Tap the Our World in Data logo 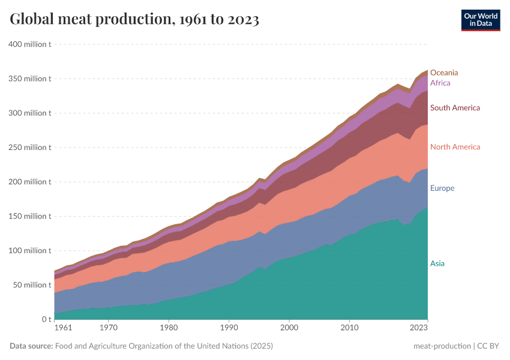[480, 20]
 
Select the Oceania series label [444, 73]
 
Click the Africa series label [440, 83]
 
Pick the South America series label [455, 108]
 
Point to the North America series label [455, 147]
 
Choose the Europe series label [442, 188]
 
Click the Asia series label [437, 263]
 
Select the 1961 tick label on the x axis [63, 328]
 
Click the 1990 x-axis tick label [229, 328]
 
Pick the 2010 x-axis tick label [349, 328]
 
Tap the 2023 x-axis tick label [418, 328]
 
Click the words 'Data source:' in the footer [31, 346]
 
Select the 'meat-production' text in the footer [441, 346]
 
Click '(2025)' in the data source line [262, 346]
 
